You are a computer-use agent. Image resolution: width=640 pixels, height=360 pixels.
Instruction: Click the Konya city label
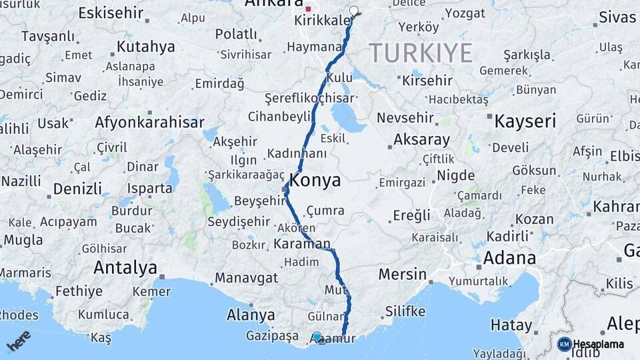(x=315, y=180)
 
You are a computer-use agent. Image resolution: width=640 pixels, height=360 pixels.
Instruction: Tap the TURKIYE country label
(x=421, y=53)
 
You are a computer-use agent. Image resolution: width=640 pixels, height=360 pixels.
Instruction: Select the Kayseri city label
(x=525, y=121)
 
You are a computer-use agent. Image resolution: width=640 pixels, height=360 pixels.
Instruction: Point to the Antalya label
(x=125, y=267)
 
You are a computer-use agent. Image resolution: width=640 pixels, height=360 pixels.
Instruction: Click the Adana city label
(x=509, y=257)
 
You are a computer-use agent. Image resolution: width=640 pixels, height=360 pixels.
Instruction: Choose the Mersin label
(x=402, y=273)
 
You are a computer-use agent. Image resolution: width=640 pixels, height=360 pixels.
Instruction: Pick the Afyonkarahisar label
(x=149, y=122)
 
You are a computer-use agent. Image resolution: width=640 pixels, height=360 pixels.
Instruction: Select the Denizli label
(x=77, y=188)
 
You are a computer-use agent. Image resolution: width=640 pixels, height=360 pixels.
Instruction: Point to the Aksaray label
(x=421, y=140)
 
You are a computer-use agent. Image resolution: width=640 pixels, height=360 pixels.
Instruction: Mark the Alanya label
(x=251, y=314)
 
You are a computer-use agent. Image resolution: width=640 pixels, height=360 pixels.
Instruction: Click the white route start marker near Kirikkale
(x=353, y=11)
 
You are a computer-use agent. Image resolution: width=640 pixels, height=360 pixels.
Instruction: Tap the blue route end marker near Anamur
(x=317, y=337)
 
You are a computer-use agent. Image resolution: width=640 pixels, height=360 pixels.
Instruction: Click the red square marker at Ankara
(x=308, y=9)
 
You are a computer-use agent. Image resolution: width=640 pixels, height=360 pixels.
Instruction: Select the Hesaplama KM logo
(x=591, y=344)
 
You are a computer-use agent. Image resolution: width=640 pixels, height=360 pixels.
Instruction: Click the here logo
(x=18, y=341)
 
